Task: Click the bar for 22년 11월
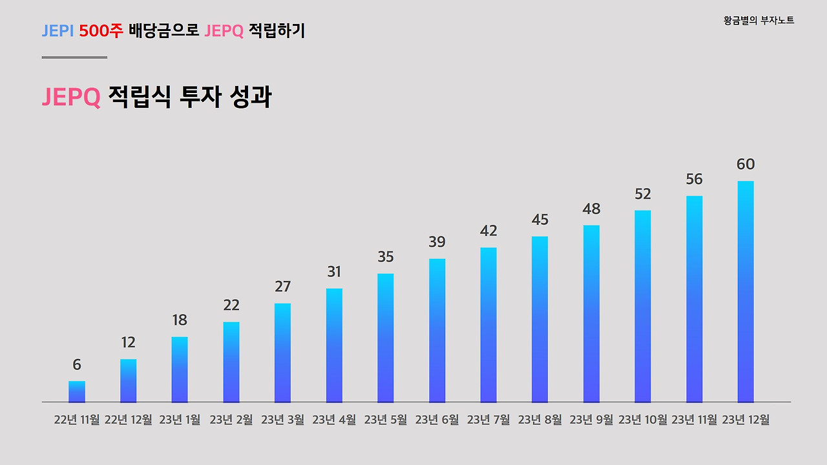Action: pos(77,391)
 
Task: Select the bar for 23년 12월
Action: pos(746,291)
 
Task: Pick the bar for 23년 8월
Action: pos(539,319)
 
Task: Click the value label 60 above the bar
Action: pos(746,164)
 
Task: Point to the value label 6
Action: pos(77,365)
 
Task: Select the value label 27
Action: pos(283,287)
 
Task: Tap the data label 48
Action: pos(591,209)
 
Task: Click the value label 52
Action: pos(643,194)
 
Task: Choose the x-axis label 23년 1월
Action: pos(180,420)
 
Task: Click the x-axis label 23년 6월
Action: pos(437,420)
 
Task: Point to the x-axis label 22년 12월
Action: pos(128,420)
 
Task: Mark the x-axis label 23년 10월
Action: pos(643,420)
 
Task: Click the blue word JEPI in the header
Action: pos(58,30)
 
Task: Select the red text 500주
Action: pos(101,30)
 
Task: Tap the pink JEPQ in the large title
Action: pos(71,98)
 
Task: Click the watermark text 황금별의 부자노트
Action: pos(759,21)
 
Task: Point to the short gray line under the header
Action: pos(74,57)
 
